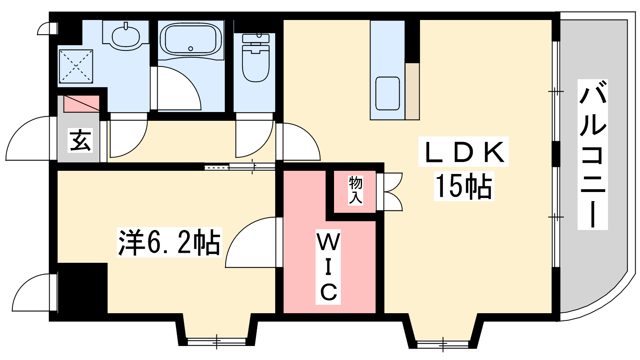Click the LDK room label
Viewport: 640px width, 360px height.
coord(464,152)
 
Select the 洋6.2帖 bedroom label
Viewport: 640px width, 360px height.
coord(170,242)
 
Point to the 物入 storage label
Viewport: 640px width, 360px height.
coord(356,190)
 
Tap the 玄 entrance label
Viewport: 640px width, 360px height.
coord(80,140)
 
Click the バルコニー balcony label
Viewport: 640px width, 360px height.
coord(592,154)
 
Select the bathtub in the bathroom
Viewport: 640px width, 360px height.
coord(191,40)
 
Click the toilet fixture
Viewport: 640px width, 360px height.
coord(256,58)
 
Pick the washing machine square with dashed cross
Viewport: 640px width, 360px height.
coord(76,66)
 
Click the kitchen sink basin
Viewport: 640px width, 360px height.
coord(388,94)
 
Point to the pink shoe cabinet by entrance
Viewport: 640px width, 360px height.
coord(82,104)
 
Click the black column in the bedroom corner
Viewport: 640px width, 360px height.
coord(82,288)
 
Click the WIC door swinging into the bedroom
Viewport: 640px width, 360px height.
coord(252,242)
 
